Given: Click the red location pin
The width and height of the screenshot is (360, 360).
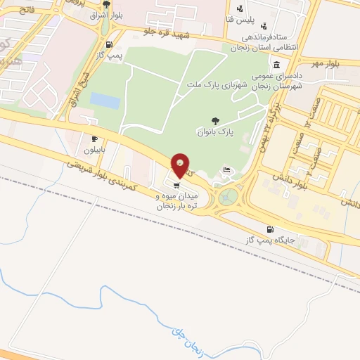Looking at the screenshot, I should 181,166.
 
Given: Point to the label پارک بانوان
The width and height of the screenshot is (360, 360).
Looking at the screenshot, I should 214,131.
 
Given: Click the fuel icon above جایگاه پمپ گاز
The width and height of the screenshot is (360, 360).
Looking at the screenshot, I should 269,230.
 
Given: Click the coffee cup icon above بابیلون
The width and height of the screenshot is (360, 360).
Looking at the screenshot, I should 94,139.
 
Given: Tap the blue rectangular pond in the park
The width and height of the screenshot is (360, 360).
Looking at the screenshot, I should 105,101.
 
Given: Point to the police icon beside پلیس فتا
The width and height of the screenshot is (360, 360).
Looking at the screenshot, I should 240,9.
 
